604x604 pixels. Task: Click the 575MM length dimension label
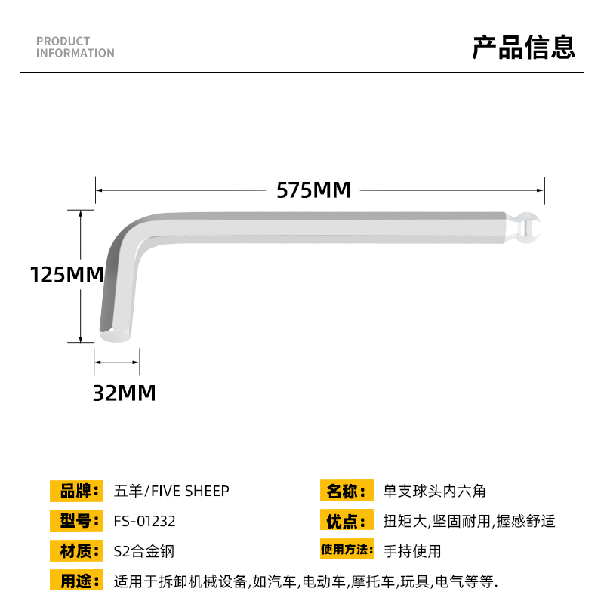click(313, 190)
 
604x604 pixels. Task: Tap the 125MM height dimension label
click(66, 275)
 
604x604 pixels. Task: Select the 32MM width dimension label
click(124, 393)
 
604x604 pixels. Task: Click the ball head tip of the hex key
click(532, 227)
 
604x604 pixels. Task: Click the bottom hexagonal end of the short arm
click(117, 334)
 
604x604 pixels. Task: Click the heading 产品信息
click(523, 47)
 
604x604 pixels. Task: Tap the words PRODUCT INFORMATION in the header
click(75, 47)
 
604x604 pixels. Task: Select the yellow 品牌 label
click(76, 491)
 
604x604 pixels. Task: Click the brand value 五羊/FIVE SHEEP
click(171, 491)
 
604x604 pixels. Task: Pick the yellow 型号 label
click(76, 521)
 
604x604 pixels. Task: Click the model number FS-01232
click(144, 521)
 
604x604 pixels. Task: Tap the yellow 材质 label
click(76, 550)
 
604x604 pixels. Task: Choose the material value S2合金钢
click(143, 551)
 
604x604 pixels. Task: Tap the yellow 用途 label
click(76, 581)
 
